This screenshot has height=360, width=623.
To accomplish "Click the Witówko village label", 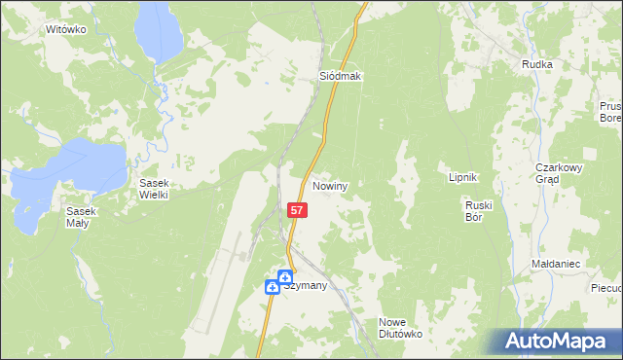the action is pyautogui.click(x=66, y=30).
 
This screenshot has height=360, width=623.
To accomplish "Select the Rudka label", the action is pyautogui.click(x=537, y=64).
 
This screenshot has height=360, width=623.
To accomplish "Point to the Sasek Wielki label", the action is pyautogui.click(x=155, y=189).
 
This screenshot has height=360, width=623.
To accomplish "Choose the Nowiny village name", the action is pyautogui.click(x=331, y=185).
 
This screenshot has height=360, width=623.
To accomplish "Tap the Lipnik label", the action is pyautogui.click(x=461, y=177).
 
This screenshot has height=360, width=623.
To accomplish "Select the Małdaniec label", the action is pyautogui.click(x=557, y=264).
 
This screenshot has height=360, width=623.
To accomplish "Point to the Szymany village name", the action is pyautogui.click(x=305, y=286).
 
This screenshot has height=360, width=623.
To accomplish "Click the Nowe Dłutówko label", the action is pyautogui.click(x=399, y=327).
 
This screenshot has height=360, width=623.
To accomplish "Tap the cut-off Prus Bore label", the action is pyautogui.click(x=610, y=112).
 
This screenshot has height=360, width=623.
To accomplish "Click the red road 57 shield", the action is pyautogui.click(x=299, y=209).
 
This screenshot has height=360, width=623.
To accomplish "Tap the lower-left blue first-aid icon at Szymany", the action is pyautogui.click(x=273, y=287).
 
